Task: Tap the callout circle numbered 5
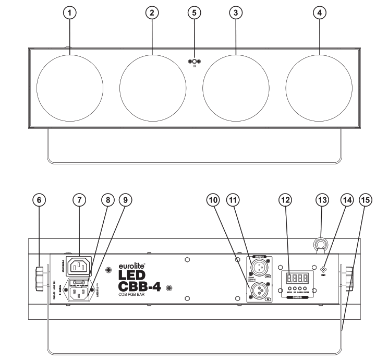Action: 194,14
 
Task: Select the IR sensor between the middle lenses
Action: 194,62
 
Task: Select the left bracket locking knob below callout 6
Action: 40,277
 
